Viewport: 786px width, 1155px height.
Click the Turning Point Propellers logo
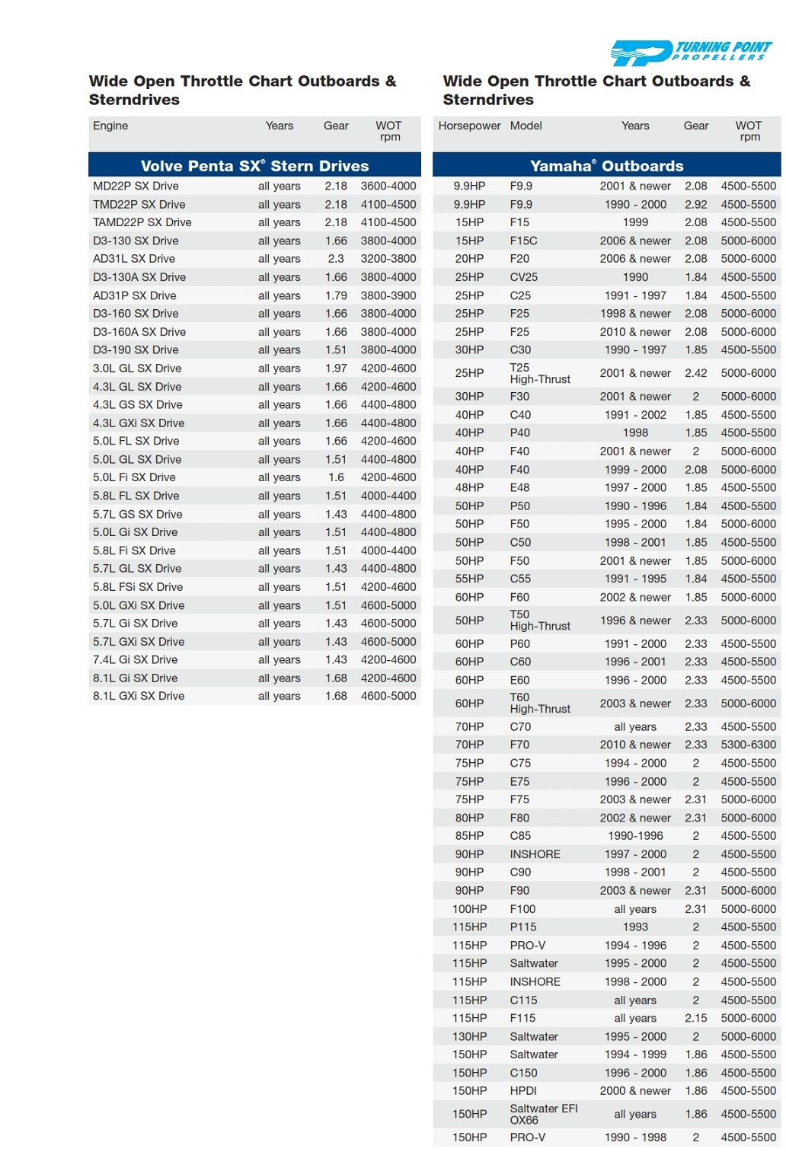(x=691, y=53)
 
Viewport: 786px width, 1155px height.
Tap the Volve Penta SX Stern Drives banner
(x=254, y=166)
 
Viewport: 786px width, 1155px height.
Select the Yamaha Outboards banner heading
(x=606, y=166)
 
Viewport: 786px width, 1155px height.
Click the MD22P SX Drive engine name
(x=136, y=186)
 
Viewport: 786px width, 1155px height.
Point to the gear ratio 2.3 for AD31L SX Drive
(x=336, y=259)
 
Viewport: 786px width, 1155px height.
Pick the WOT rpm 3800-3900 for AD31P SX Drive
(x=388, y=295)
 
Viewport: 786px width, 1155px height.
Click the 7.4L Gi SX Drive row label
(x=136, y=660)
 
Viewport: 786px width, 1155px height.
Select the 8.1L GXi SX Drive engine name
(x=139, y=696)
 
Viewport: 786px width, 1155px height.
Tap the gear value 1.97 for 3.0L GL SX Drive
(x=336, y=369)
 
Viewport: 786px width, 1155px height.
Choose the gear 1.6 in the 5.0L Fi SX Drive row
(x=336, y=477)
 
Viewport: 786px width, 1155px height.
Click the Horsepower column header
(x=469, y=126)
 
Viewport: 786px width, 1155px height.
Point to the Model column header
(x=526, y=126)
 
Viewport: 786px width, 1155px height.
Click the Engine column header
(x=110, y=126)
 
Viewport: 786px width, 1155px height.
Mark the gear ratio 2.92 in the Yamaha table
(x=695, y=204)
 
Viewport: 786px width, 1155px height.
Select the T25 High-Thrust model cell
(x=540, y=373)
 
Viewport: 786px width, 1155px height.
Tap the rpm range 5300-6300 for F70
(x=749, y=745)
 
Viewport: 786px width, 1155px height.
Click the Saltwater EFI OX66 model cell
(x=544, y=1114)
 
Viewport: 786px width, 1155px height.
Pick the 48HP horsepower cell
(x=469, y=487)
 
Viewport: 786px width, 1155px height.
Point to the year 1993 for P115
(x=635, y=927)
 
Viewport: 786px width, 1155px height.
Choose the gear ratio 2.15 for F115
(x=695, y=1018)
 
